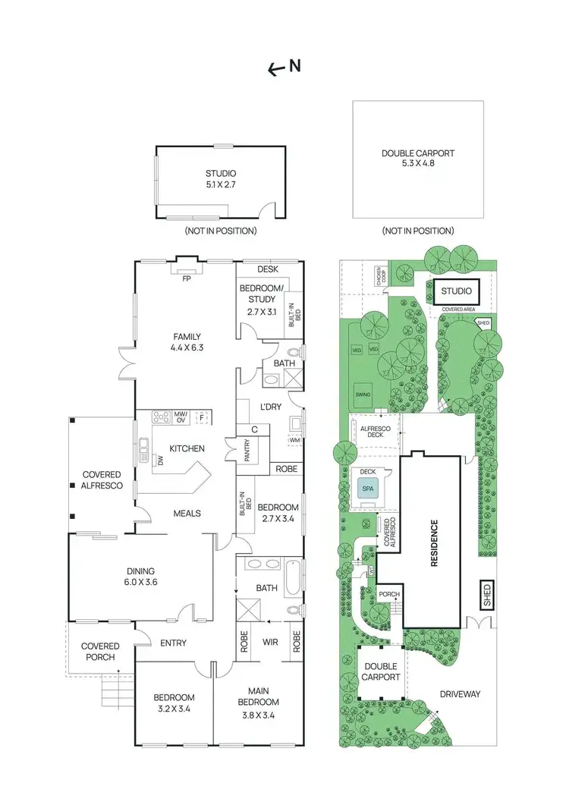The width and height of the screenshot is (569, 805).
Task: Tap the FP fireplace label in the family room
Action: pyautogui.click(x=186, y=278)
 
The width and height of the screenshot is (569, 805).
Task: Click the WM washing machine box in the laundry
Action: pyautogui.click(x=294, y=441)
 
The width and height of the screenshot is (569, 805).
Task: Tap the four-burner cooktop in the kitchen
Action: pyautogui.click(x=161, y=417)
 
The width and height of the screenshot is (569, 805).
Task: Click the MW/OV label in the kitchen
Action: pyautogui.click(x=181, y=417)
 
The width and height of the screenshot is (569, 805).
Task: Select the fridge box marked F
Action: pyautogui.click(x=201, y=417)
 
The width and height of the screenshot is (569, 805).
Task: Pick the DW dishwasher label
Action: pyautogui.click(x=161, y=459)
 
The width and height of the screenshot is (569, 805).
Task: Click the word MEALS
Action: pyautogui.click(x=187, y=513)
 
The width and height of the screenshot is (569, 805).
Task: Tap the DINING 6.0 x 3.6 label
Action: pyautogui.click(x=140, y=577)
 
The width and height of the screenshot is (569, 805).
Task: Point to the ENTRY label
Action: pyautogui.click(x=173, y=643)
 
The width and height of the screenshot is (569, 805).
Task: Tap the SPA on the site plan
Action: pyautogui.click(x=368, y=489)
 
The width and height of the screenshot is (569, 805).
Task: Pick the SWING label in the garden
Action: pyautogui.click(x=363, y=395)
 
